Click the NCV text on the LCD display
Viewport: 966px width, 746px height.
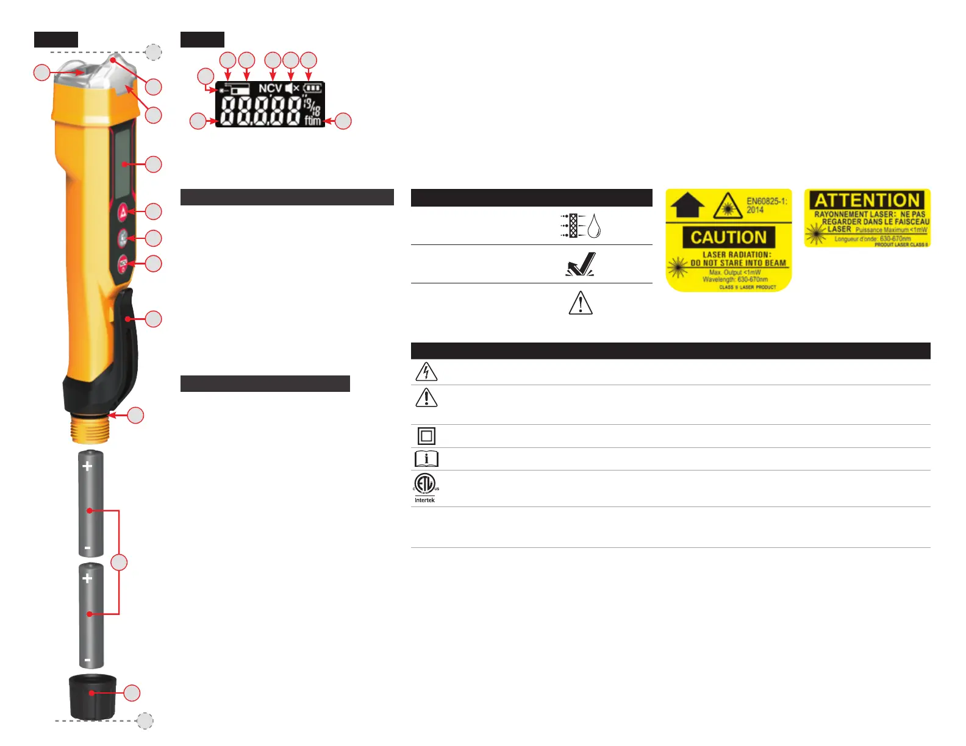270,88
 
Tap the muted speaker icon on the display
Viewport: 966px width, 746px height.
292,88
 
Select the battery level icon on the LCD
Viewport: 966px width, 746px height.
312,88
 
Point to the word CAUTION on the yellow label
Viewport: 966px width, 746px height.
728,237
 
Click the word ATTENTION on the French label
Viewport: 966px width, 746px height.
867,201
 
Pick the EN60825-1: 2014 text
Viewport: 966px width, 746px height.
766,205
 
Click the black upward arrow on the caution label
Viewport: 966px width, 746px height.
688,205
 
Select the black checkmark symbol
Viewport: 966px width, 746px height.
581,265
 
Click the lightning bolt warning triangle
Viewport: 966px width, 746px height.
426,372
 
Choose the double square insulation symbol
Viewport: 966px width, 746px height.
426,436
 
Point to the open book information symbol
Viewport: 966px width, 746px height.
426,459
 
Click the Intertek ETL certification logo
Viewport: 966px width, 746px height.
425,487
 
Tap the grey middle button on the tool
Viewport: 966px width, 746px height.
123,238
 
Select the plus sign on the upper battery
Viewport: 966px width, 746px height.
88,466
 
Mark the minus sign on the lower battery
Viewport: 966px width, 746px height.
88,659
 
